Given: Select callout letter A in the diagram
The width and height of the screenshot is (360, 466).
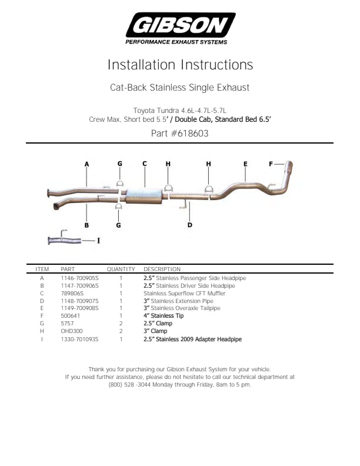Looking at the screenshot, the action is (x=86, y=164).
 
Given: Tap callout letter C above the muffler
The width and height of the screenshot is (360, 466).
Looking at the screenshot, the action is (x=145, y=164).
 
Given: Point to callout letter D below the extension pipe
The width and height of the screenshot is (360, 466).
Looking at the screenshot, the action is (x=190, y=225).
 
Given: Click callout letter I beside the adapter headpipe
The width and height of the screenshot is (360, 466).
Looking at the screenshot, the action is (x=99, y=241).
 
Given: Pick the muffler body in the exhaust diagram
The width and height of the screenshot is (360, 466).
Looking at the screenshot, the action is (x=144, y=196).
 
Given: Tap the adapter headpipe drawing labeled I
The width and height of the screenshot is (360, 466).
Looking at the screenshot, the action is (x=65, y=239).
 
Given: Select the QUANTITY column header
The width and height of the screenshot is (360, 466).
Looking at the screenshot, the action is (x=121, y=269).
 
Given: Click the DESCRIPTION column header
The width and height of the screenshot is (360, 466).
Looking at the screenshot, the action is (x=162, y=269).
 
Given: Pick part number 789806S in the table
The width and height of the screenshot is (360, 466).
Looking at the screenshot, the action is (x=72, y=294).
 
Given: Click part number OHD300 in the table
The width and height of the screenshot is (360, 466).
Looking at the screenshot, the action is (x=72, y=331).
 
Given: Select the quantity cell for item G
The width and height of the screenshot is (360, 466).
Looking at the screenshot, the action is (x=121, y=324).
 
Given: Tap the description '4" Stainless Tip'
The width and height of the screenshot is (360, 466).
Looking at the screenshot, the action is (x=164, y=315).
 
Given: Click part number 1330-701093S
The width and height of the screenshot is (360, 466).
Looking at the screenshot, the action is (x=79, y=339).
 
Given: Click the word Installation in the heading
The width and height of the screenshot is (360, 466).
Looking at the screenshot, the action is (x=141, y=65).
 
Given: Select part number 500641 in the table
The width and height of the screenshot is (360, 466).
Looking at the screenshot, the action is (x=71, y=315).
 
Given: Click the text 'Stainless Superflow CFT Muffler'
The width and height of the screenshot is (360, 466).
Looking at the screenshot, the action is (x=185, y=294).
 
